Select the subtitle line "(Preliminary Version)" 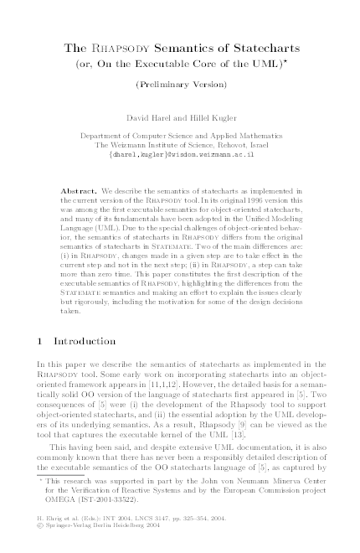(181, 85)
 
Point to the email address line (180, 155)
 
